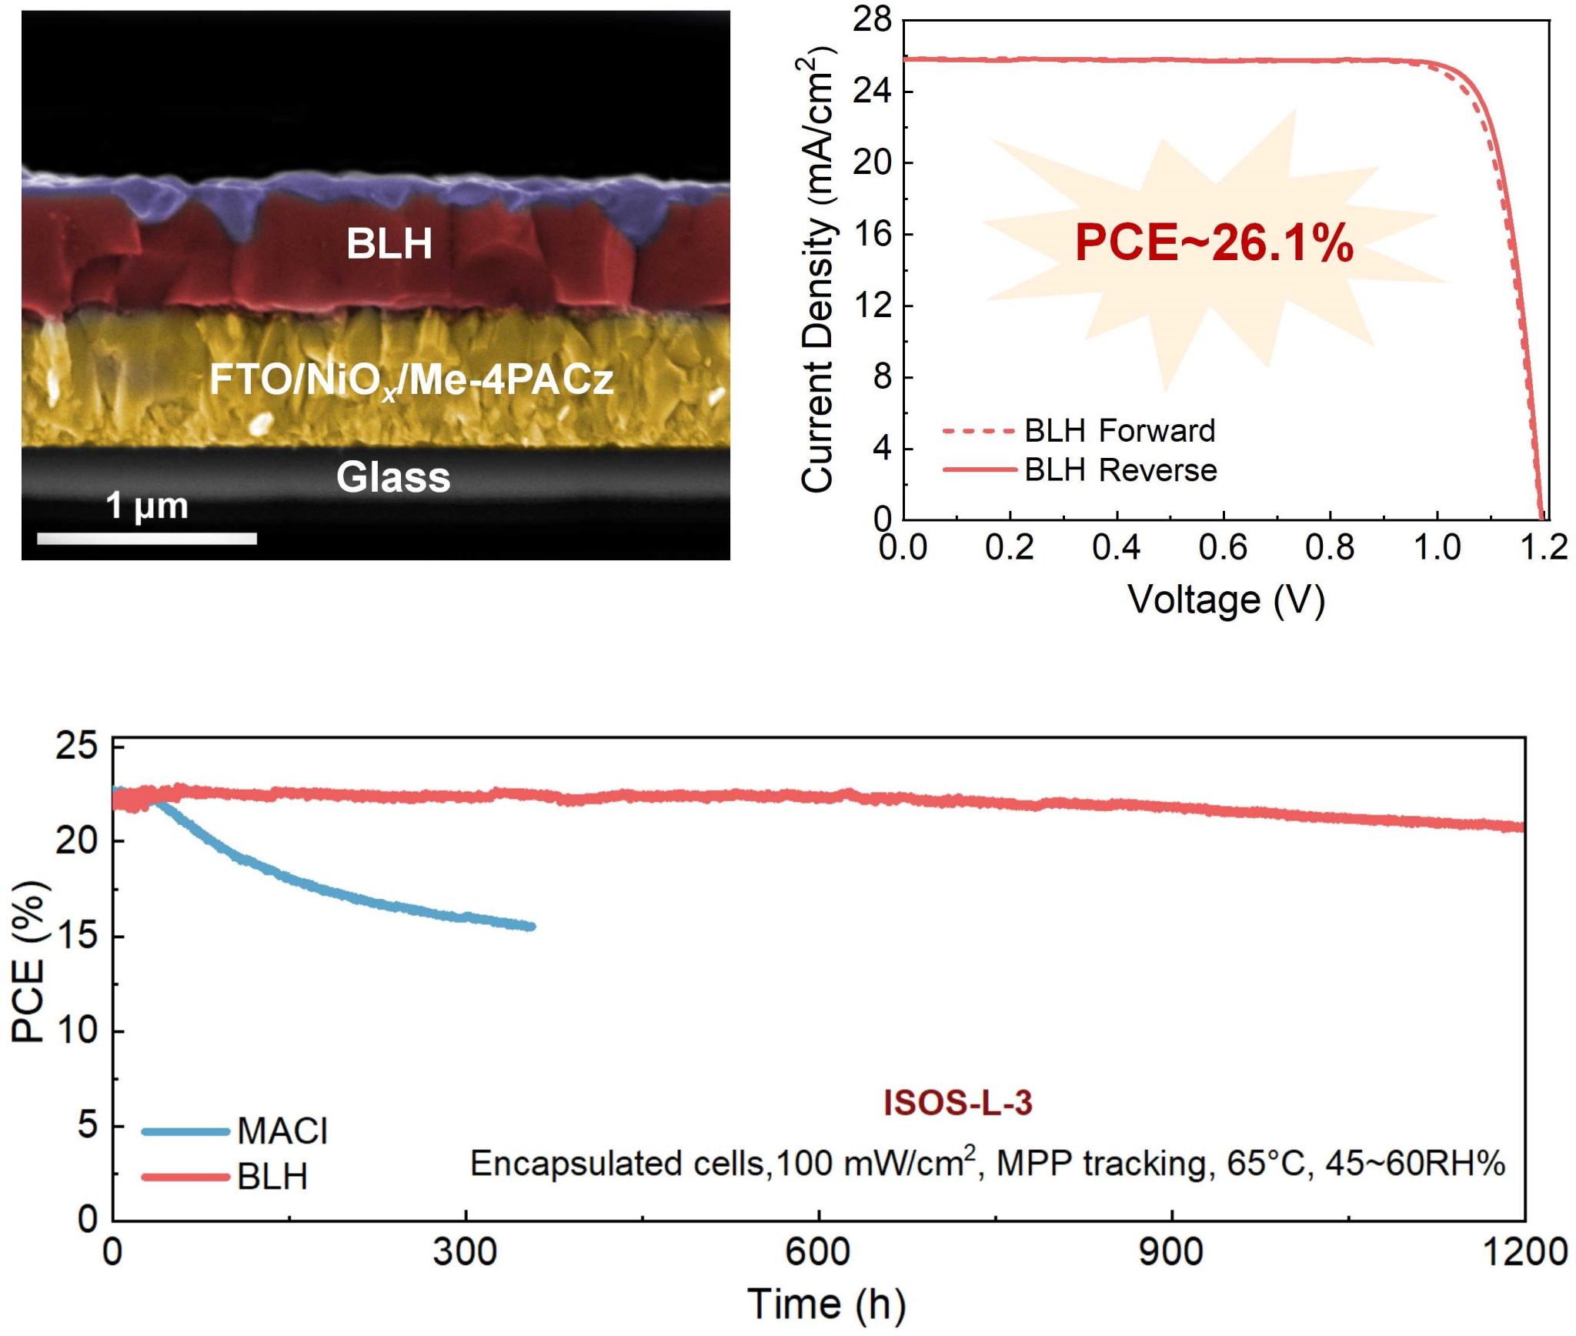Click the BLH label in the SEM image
(389, 244)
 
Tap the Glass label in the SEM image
(392, 477)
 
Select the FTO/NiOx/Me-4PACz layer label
(412, 379)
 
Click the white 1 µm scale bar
(147, 539)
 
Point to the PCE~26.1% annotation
(1214, 243)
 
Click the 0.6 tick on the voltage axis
(1223, 548)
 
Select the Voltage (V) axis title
(1226, 600)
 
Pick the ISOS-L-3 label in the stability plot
(957, 1103)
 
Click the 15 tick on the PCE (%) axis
(77, 936)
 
